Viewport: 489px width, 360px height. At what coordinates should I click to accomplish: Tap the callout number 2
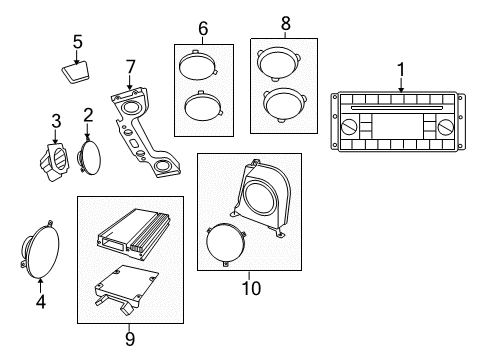[88, 115]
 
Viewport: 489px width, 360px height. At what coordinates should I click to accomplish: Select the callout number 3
[55, 120]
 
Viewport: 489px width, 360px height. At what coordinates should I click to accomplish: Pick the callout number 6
[203, 31]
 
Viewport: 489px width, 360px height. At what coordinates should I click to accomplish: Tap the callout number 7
[129, 66]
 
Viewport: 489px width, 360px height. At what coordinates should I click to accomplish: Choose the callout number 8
[284, 22]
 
